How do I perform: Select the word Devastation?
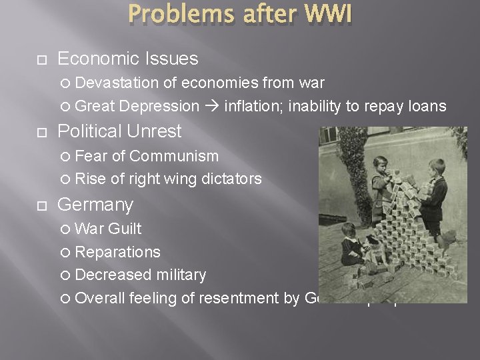tap(117, 83)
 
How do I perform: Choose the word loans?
tap(426, 106)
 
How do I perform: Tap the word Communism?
tap(174, 156)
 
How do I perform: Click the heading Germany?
tap(95, 204)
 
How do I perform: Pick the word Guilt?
tap(124, 229)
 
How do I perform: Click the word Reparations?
tap(117, 252)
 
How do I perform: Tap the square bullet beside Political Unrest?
tap(42, 132)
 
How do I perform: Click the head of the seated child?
tap(347, 231)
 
